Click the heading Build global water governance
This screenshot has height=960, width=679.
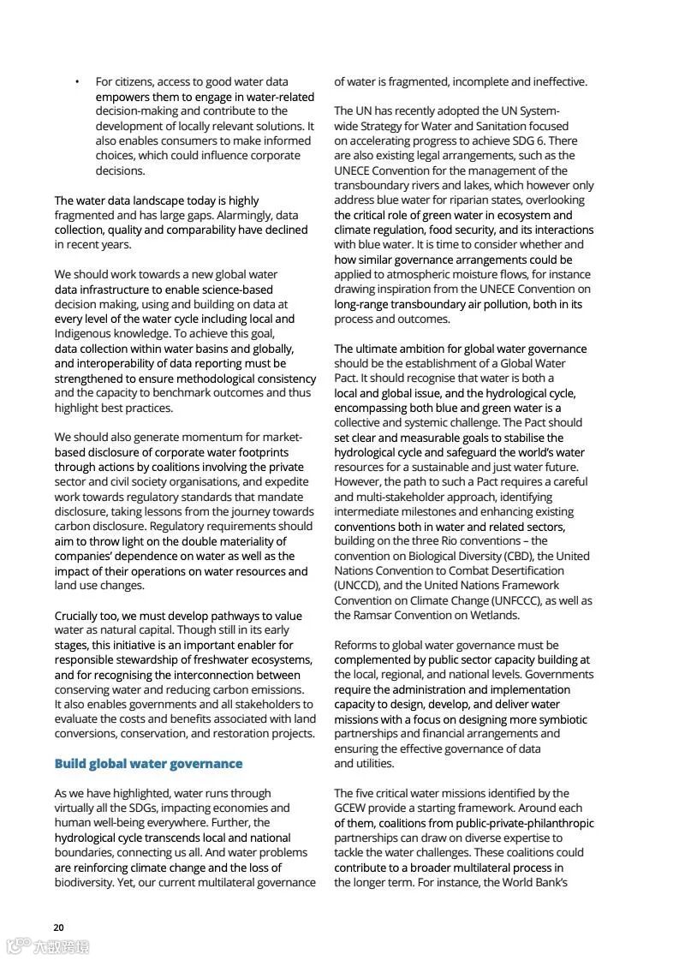148,763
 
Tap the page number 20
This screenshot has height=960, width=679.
58,927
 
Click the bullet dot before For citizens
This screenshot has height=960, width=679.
77,82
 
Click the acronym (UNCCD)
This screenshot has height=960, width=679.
360,586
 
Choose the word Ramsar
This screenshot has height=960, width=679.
373,615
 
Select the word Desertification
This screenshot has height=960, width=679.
521,570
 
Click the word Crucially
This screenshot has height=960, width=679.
80,615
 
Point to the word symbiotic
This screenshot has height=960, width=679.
561,719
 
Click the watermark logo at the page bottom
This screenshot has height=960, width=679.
47,945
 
